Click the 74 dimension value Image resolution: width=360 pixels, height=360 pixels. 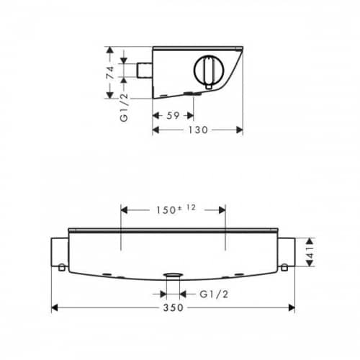(110, 72)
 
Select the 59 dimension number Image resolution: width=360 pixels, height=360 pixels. (173, 116)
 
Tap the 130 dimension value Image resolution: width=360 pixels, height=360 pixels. (198, 130)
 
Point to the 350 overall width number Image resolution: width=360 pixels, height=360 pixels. (174, 307)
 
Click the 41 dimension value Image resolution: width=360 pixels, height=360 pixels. (310, 252)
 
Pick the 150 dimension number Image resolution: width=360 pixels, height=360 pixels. (166, 210)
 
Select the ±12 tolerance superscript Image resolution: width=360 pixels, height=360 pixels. (187, 207)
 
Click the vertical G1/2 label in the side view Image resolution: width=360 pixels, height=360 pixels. (124, 107)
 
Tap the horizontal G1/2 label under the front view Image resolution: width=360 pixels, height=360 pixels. (214, 294)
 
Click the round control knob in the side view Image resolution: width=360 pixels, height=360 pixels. (209, 70)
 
